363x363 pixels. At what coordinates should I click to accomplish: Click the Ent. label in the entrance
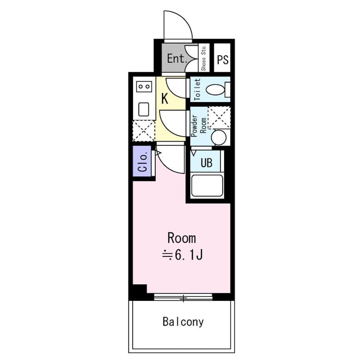pyautogui.click(x=177, y=59)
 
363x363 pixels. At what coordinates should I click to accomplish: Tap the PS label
pyautogui.click(x=222, y=59)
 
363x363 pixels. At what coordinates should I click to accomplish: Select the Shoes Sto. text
pyautogui.click(x=204, y=58)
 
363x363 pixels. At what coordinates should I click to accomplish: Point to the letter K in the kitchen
pyautogui.click(x=165, y=98)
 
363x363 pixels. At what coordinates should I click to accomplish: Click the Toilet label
pyautogui.click(x=197, y=89)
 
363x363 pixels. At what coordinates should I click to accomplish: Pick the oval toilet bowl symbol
pyautogui.click(x=215, y=89)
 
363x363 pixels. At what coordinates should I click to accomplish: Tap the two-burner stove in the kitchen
pyautogui.click(x=144, y=87)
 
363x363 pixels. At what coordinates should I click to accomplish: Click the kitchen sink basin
pyautogui.click(x=143, y=109)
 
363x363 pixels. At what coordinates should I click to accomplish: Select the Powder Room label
pyautogui.click(x=199, y=126)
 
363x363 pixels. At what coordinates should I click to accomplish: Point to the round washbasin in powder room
pyautogui.click(x=219, y=137)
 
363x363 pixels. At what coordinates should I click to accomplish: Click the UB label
pyautogui.click(x=206, y=162)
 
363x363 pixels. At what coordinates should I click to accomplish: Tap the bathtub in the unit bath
pyautogui.click(x=207, y=186)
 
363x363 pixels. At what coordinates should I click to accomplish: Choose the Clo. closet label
pyautogui.click(x=142, y=162)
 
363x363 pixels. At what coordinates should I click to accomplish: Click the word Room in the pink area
pyautogui.click(x=182, y=238)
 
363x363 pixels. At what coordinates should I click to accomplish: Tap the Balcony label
pyautogui.click(x=183, y=322)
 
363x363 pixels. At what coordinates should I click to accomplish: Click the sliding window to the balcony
pyautogui.click(x=183, y=297)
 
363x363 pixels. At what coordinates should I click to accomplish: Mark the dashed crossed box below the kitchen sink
pyautogui.click(x=144, y=131)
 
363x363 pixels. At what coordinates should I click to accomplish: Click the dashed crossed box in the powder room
pyautogui.click(x=219, y=118)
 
